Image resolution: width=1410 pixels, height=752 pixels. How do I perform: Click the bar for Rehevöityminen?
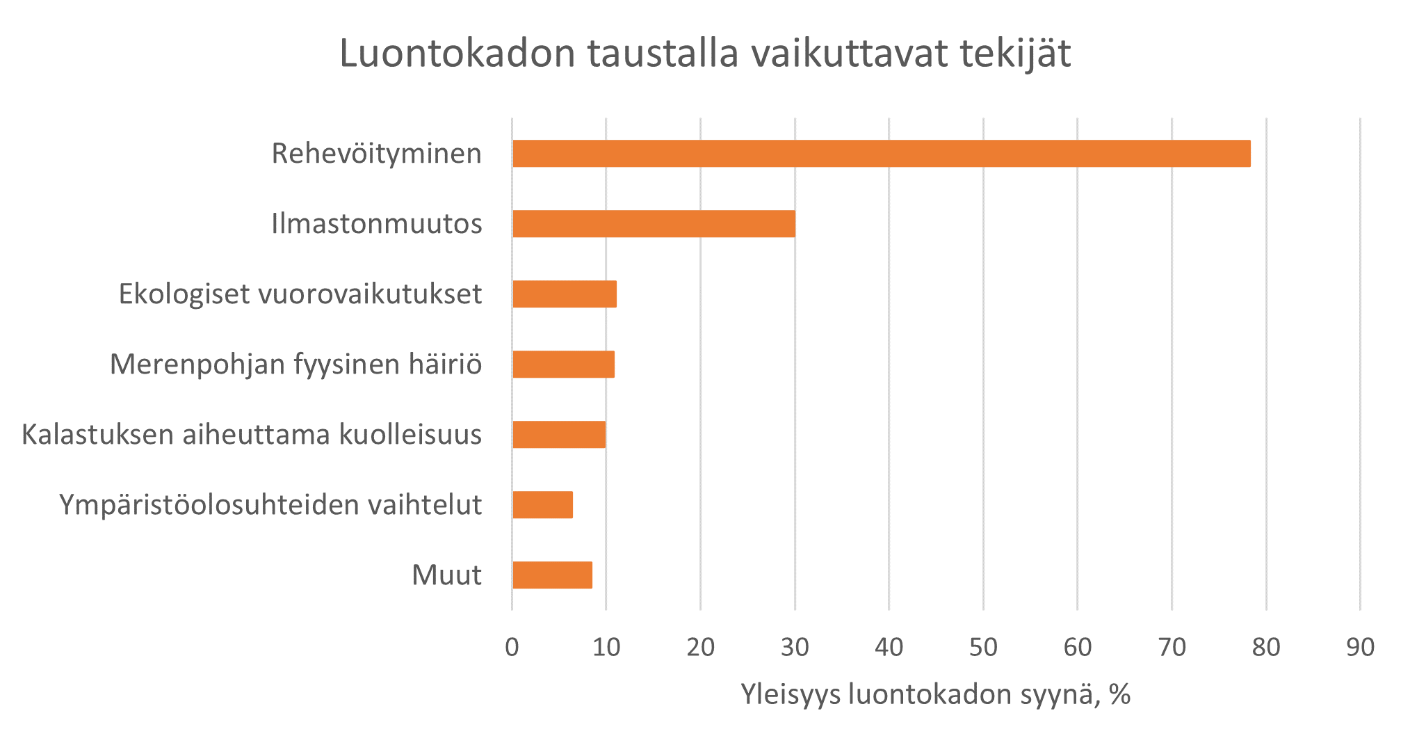[881, 154]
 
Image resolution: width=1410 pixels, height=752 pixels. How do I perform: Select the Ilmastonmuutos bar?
[654, 224]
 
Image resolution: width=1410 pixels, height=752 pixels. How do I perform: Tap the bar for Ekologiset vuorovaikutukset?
[565, 294]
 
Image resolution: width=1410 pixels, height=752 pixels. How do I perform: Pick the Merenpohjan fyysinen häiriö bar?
[563, 364]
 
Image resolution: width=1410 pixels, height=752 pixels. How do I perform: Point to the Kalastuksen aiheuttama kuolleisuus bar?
[559, 434]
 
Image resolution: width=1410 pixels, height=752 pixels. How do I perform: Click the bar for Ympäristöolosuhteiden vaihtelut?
[542, 504]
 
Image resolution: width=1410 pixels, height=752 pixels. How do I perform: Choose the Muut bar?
[552, 575]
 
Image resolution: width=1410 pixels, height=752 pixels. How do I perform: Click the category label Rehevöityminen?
[376, 154]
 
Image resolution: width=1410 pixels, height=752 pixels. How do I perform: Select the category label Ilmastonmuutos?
[376, 224]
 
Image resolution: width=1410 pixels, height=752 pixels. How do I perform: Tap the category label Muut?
[446, 575]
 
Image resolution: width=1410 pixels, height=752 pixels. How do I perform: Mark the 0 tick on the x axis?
[512, 648]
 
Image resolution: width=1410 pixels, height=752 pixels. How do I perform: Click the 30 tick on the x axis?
[795, 648]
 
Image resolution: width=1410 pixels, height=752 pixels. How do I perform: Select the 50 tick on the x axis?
[983, 648]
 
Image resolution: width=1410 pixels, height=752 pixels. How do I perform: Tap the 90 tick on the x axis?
[1360, 648]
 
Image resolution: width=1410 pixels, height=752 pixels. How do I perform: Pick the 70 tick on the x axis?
[1172, 648]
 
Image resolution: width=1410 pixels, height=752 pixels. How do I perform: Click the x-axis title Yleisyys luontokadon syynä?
[935, 694]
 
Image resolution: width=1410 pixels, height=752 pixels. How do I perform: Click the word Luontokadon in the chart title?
[457, 54]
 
